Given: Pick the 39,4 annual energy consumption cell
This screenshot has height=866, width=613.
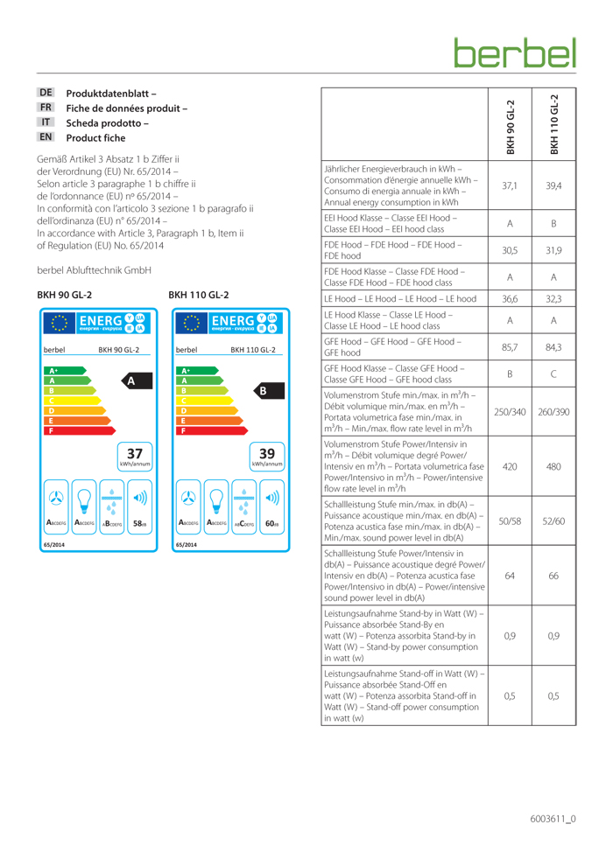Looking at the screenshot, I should click(553, 185).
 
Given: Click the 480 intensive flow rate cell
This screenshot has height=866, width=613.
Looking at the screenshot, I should click(553, 467).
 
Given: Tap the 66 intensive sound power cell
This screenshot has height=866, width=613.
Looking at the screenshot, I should click(553, 576).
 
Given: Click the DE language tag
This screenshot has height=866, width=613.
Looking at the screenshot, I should click(46, 92).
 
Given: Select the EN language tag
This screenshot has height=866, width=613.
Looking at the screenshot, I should click(46, 137).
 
